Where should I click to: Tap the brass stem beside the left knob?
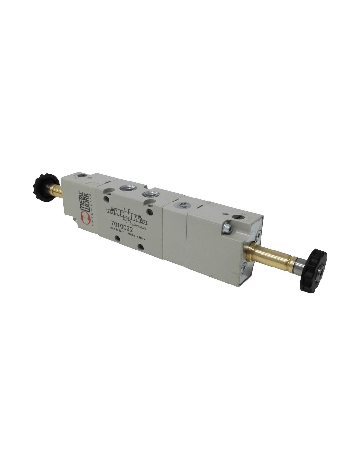(54, 189)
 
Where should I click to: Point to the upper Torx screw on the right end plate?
(260, 233)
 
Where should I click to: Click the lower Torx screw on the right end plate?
(243, 269)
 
